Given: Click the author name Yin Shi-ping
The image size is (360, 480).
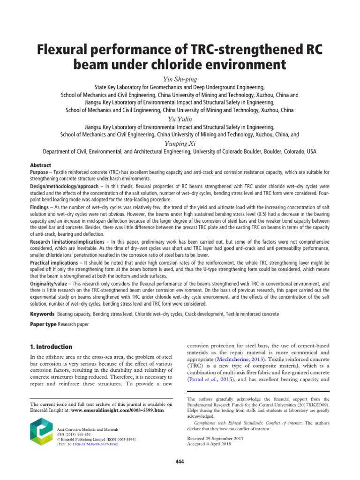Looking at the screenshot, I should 180,78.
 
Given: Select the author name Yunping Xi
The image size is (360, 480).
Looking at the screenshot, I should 180,143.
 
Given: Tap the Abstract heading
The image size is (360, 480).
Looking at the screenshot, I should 40,165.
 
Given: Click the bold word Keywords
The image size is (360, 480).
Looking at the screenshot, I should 42,313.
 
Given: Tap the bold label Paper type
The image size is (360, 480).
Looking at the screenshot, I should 43,324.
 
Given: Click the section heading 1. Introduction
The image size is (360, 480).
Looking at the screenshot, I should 51,347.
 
